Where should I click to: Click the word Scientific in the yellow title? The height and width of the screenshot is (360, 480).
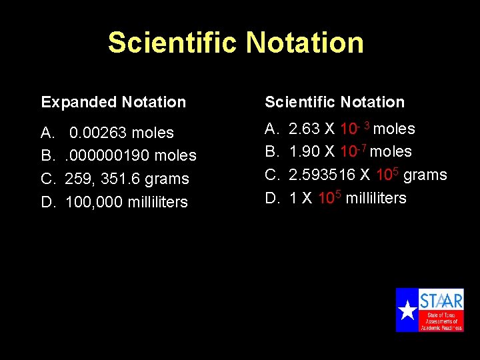pyautogui.click(x=173, y=43)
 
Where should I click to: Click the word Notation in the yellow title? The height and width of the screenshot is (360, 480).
pyautogui.click(x=304, y=43)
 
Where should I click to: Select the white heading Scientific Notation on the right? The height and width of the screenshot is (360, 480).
pyautogui.click(x=335, y=102)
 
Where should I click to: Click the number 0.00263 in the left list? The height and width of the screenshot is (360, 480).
pyautogui.click(x=97, y=133)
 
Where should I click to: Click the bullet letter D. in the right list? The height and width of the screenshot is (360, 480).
pyautogui.click(x=271, y=198)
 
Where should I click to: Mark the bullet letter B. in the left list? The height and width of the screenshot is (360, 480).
pyautogui.click(x=47, y=155)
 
